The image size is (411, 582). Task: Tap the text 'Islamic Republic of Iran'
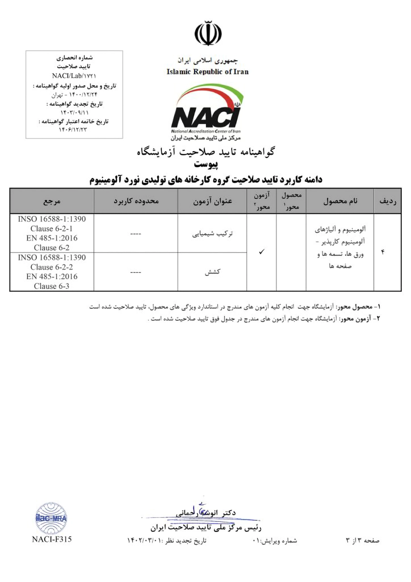[207, 72]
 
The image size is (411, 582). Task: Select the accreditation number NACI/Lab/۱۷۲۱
[74, 76]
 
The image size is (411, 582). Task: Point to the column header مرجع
[52, 201]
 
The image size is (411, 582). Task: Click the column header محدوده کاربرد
[136, 201]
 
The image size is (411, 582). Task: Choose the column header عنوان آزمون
[212, 201]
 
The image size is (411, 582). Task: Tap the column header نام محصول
[340, 201]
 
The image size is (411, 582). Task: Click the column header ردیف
[387, 201]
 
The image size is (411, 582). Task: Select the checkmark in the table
[262, 251]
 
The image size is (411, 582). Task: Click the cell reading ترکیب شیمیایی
[212, 233]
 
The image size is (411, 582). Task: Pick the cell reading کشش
[212, 272]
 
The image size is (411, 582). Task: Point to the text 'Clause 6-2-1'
[52, 228]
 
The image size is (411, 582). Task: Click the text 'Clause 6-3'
[52, 286]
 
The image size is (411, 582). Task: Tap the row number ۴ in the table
[383, 252]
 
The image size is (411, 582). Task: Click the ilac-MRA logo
[51, 518]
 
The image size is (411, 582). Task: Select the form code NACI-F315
[52, 539]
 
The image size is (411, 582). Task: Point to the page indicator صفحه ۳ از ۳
[362, 541]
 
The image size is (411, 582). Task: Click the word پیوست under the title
[205, 164]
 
